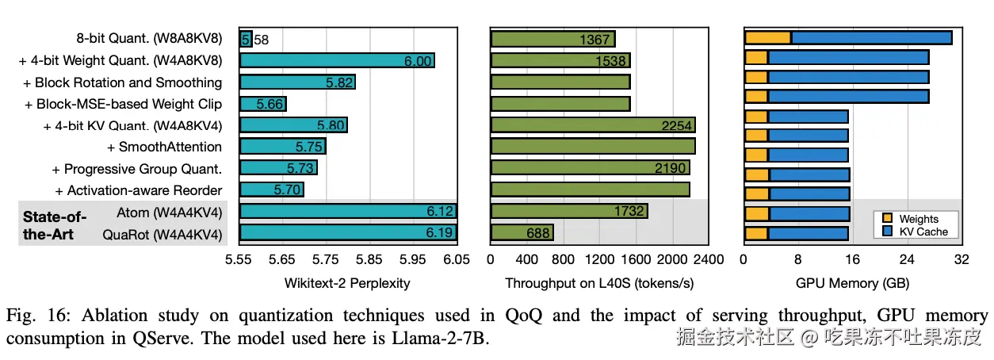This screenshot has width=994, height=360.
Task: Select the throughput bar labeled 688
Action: point(522,233)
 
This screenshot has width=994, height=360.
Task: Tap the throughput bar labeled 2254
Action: point(592,125)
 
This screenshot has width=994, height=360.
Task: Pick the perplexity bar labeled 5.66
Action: point(262,104)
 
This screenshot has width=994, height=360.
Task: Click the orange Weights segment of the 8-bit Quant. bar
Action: point(767,38)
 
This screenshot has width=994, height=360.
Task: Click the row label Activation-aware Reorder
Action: point(139,190)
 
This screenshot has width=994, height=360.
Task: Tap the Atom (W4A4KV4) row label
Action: point(169,213)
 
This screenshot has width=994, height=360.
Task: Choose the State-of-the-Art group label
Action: point(55,224)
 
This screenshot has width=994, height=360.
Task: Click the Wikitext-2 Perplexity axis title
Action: point(347,283)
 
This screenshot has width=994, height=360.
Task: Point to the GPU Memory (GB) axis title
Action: point(853,283)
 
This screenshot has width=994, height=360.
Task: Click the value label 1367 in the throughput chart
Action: point(594,39)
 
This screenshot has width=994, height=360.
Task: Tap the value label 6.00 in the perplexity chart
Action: point(418,61)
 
